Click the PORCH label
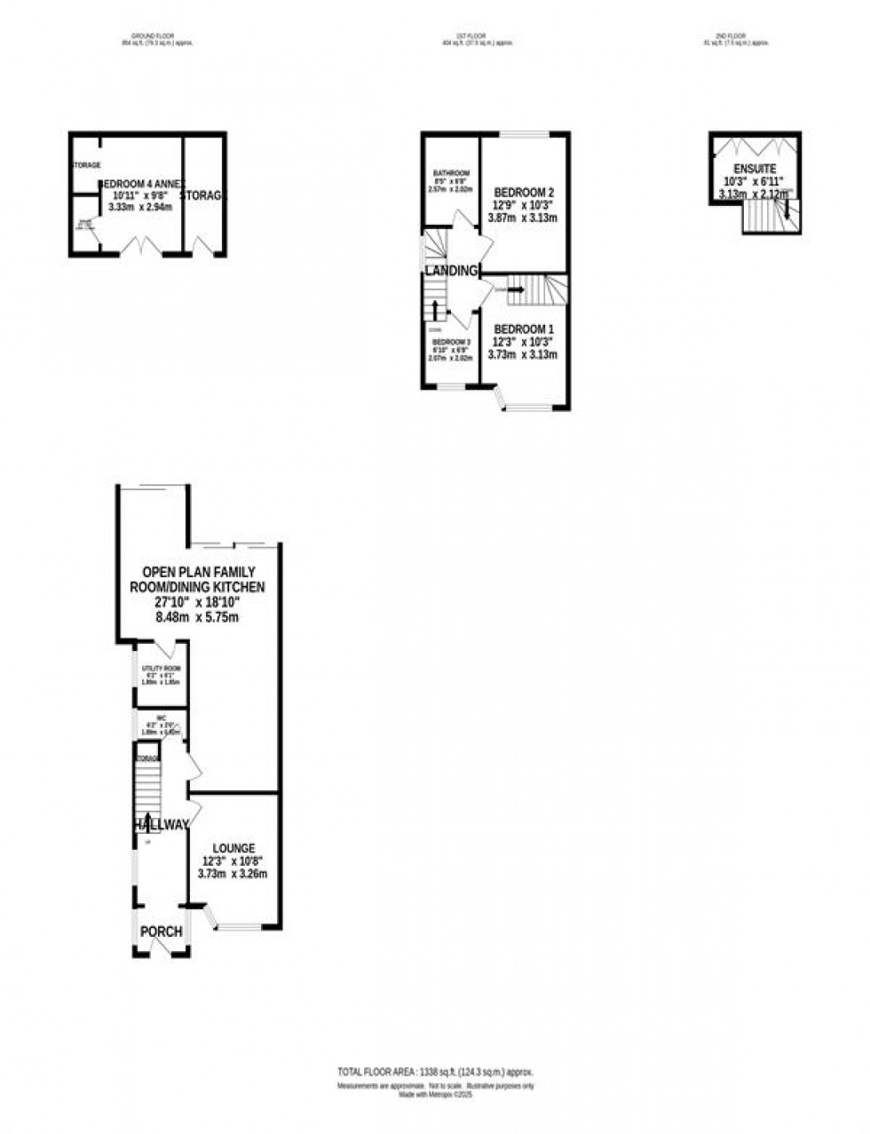[x=161, y=932]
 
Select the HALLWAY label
[x=162, y=825]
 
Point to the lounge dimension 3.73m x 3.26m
[x=233, y=874]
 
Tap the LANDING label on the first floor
[x=451, y=271]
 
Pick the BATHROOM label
[x=451, y=173]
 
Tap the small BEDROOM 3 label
[x=450, y=342]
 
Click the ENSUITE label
[x=755, y=169]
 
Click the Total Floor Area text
[x=434, y=1072]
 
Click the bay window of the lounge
[x=235, y=924]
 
